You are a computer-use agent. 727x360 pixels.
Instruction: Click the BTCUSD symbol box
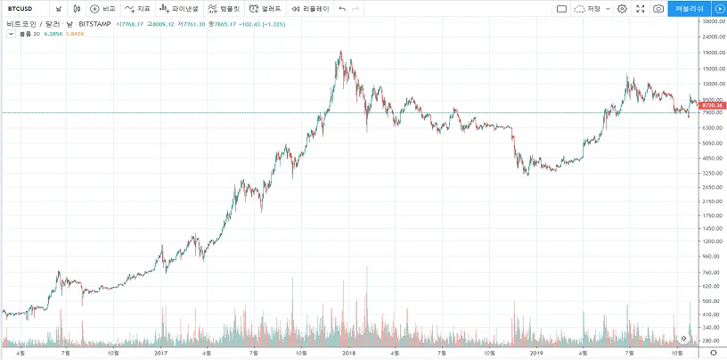click(x=21, y=8)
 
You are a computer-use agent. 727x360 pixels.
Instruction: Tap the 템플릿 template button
click(x=224, y=8)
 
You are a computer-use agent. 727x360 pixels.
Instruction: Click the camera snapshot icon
click(x=658, y=8)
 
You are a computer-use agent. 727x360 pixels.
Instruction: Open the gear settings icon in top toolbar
click(x=622, y=8)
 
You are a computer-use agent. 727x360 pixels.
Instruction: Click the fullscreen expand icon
click(x=640, y=8)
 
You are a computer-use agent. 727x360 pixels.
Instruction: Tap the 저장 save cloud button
click(x=592, y=8)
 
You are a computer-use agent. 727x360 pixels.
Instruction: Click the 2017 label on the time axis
click(x=160, y=353)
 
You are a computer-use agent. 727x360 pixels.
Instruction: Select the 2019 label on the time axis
click(x=535, y=353)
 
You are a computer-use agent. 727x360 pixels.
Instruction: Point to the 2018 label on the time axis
click(x=348, y=353)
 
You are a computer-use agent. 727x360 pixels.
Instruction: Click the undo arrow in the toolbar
click(x=342, y=8)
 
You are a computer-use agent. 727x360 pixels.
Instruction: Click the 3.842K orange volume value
click(x=76, y=33)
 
